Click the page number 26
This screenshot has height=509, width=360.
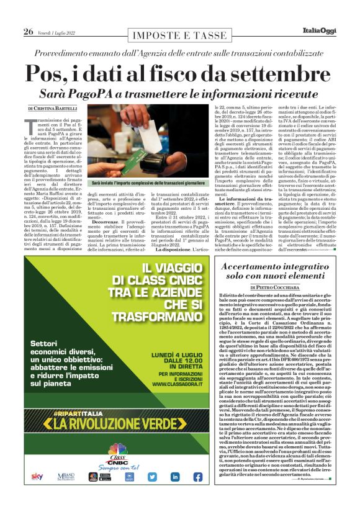pyautogui.click(x=29, y=32)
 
